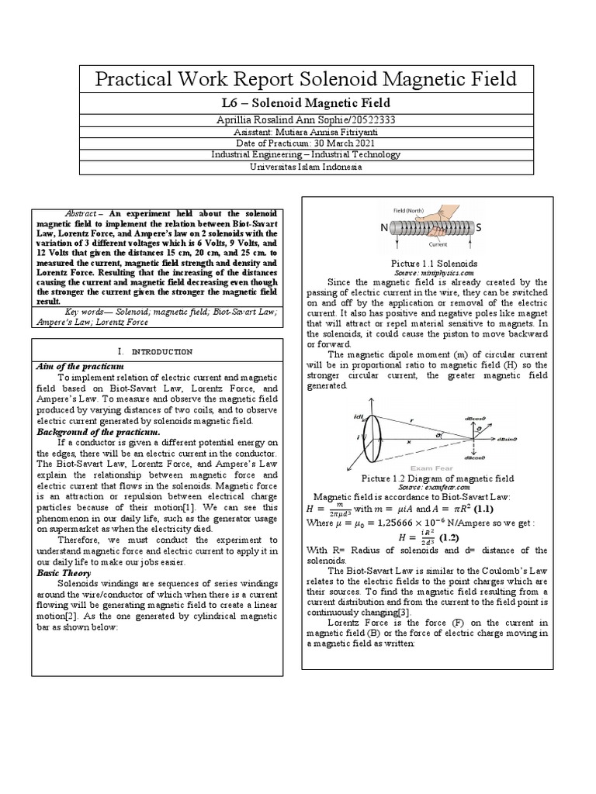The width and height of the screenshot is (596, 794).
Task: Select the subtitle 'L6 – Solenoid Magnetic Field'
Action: click(298, 103)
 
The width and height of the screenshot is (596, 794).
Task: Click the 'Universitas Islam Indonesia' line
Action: click(298, 166)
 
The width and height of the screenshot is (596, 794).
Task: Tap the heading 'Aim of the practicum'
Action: click(80, 364)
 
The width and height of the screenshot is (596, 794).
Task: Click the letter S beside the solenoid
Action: click(478, 227)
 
